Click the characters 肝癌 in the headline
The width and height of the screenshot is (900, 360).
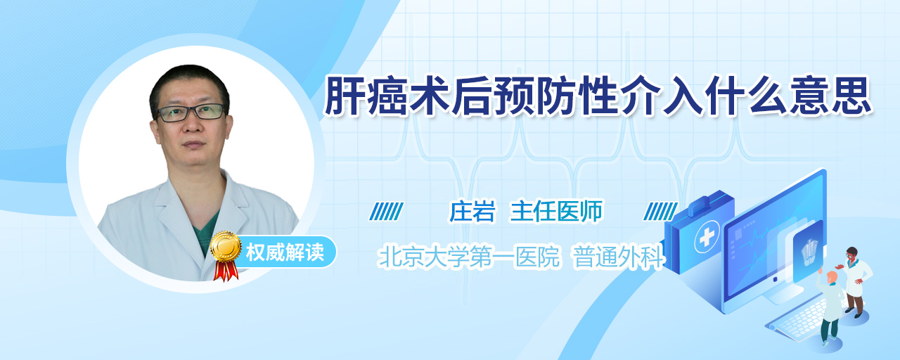tap(366, 96)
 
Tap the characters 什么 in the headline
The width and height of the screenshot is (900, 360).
tap(746, 96)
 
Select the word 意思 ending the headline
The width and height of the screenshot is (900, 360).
tap(830, 96)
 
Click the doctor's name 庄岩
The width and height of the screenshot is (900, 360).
tap(472, 212)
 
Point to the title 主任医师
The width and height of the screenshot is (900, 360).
tap(556, 212)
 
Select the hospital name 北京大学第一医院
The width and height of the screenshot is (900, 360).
tap(469, 257)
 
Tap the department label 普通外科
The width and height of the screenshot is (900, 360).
tap(618, 257)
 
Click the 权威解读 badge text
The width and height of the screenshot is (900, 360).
tap(285, 252)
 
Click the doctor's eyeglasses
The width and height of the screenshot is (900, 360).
tap(191, 112)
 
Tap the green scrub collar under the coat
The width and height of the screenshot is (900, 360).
tap(205, 232)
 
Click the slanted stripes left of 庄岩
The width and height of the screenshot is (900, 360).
tap(386, 212)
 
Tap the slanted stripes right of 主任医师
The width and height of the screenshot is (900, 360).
tap(660, 212)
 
